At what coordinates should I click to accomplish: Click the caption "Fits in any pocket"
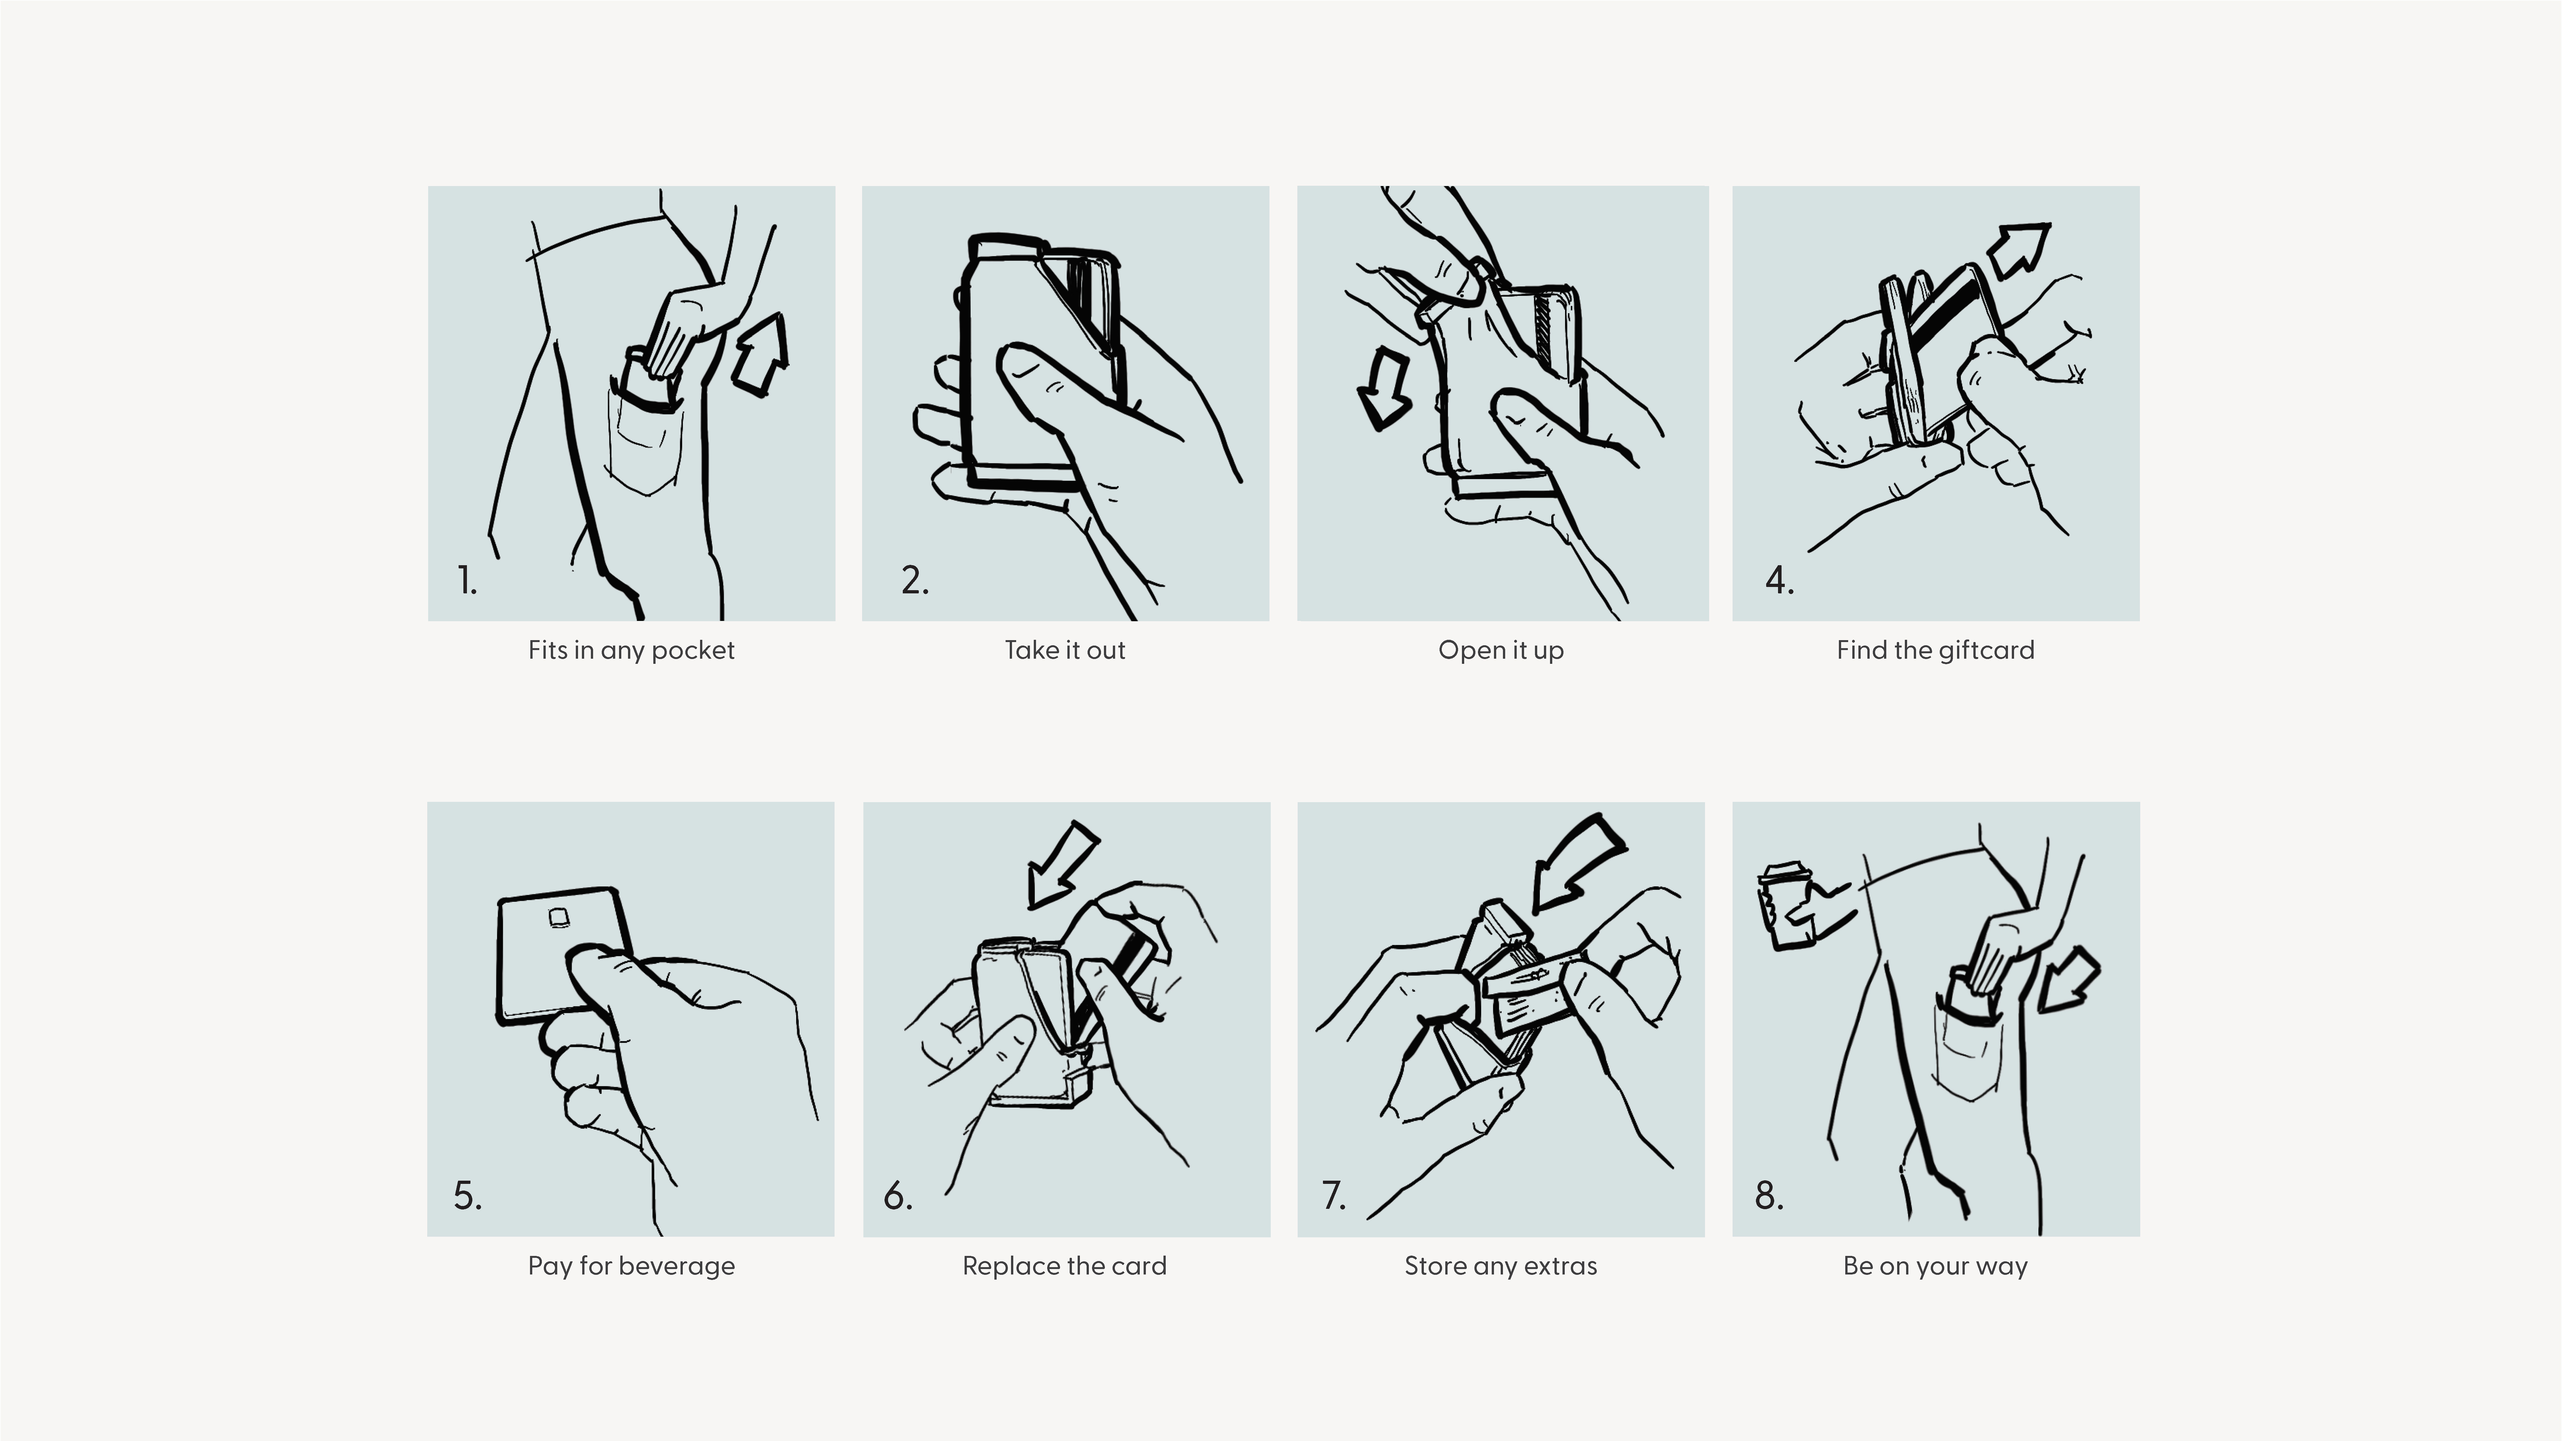pos(632,650)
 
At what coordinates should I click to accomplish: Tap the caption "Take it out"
pos(1065,650)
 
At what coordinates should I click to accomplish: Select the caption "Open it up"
pos(1501,650)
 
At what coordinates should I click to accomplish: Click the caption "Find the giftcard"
pos(1935,650)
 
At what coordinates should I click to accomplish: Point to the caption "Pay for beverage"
pos(632,1266)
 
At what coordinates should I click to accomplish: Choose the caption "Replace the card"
pos(1064,1266)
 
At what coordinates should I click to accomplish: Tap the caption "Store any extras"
pos(1501,1266)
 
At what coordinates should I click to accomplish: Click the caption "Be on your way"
pos(1935,1266)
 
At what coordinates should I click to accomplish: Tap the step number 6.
pos(897,1195)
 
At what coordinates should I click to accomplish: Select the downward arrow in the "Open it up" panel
pos(1383,389)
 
